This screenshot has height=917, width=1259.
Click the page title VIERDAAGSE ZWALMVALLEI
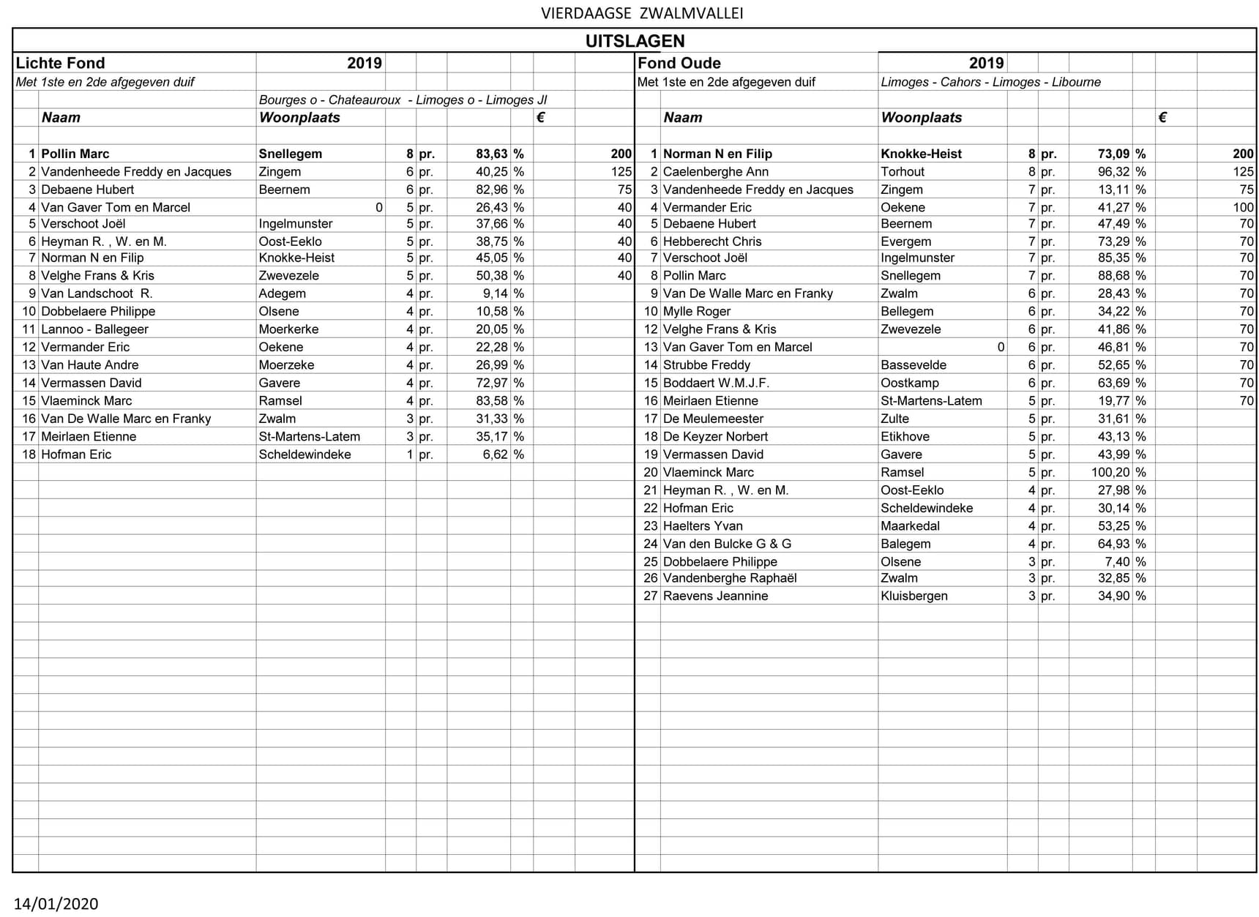pos(642,13)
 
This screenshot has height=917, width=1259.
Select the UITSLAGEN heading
pos(635,41)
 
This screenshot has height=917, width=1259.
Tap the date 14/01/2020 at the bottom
pos(56,904)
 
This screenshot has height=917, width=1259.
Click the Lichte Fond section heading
pos(60,63)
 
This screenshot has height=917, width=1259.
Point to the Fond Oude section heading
pos(679,63)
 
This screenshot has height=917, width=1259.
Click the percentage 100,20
pos(1110,473)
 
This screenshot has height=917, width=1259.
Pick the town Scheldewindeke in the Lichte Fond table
pos(305,454)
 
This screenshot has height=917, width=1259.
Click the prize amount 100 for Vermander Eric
pos(1243,208)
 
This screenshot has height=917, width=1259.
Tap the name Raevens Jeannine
pos(715,596)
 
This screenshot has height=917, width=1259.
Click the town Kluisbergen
pos(914,596)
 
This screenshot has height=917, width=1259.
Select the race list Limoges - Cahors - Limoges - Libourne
pos(990,82)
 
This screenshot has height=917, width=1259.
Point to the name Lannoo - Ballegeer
pos(94,329)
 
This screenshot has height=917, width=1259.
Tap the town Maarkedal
pos(910,526)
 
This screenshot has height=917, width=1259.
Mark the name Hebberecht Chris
pos(711,242)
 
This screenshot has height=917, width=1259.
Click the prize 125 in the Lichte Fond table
pos(621,172)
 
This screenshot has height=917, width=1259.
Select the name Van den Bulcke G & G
pos(727,544)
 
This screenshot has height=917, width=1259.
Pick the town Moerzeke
pos(286,365)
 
